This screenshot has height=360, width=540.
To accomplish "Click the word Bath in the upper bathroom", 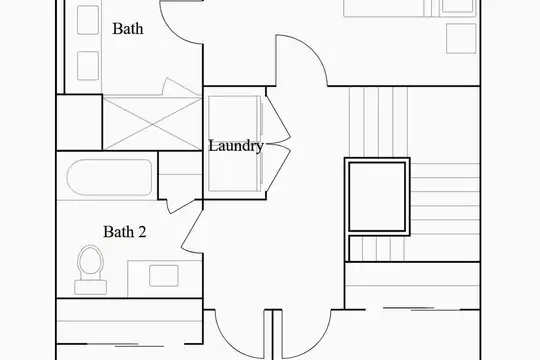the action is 128,29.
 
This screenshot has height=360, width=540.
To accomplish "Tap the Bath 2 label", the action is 125,232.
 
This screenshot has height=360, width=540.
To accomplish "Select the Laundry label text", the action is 236,146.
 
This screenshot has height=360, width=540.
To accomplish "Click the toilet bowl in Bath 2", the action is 91,260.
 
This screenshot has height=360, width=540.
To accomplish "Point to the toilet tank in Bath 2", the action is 91,287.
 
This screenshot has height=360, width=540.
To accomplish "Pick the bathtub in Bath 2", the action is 110,177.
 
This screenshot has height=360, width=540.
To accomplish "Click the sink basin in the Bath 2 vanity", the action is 164,276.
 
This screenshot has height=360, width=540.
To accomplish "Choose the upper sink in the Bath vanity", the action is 88,20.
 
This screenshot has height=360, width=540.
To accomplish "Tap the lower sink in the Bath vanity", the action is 88,66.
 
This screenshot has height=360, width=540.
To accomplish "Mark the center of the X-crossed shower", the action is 152,124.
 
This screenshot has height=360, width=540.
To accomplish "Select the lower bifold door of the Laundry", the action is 278,171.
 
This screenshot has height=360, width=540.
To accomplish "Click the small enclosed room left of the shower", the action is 79,122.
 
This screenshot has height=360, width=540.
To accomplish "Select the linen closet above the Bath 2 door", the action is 180,175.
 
